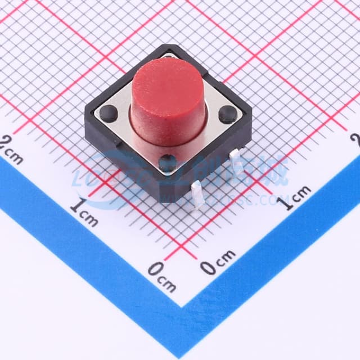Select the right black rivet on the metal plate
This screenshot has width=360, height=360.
(227, 115)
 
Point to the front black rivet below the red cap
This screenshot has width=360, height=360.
(166, 163)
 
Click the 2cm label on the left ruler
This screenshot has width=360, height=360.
(11, 150)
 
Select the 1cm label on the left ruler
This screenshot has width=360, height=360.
(84, 211)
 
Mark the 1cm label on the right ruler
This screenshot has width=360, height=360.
(296, 196)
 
